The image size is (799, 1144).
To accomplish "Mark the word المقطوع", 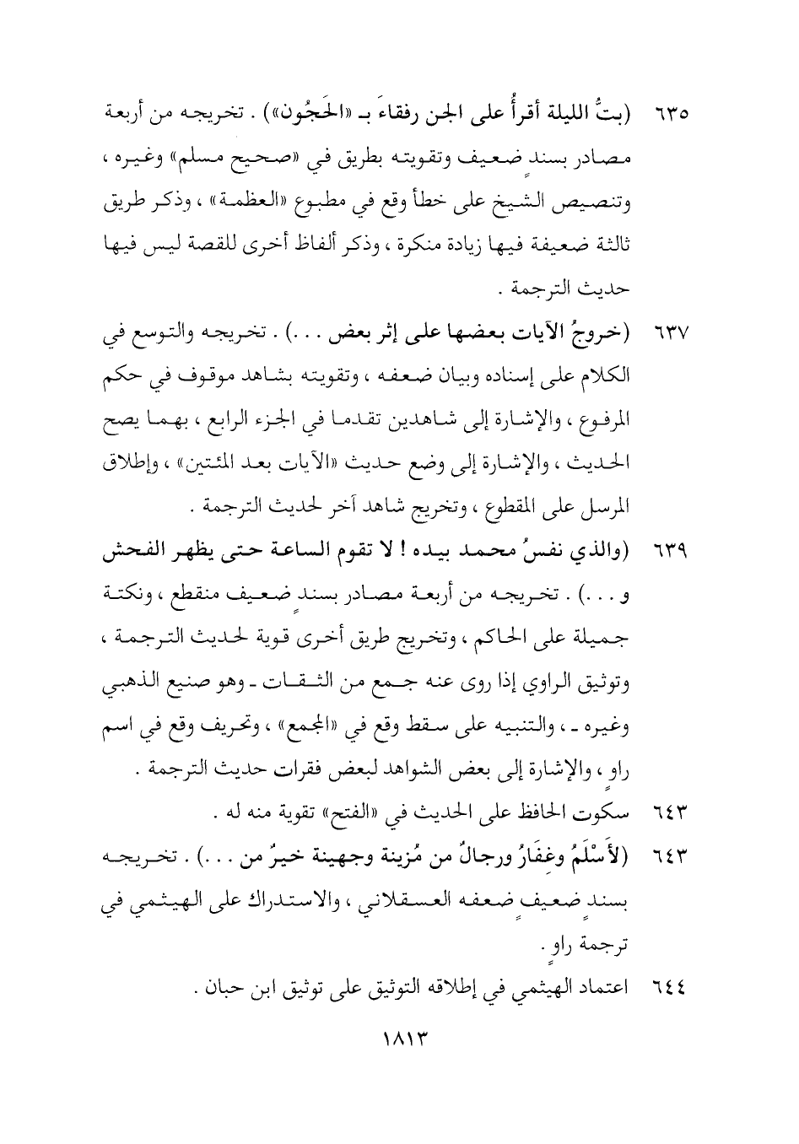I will [x=565, y=509].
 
